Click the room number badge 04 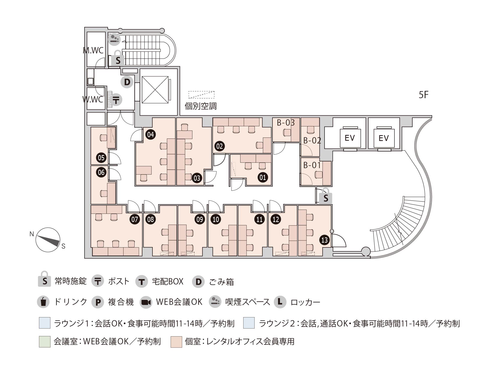pyautogui.click(x=150, y=134)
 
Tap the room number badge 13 pyautogui.click(x=325, y=240)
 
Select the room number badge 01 pyautogui.click(x=263, y=177)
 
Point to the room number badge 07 pyautogui.click(x=135, y=219)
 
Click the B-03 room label pyautogui.click(x=286, y=123)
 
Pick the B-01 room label pyautogui.click(x=312, y=165)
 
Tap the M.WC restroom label pyautogui.click(x=93, y=51)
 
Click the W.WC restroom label pyautogui.click(x=93, y=99)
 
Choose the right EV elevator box pyautogui.click(x=384, y=138)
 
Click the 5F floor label pyautogui.click(x=423, y=95)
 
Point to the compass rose pyautogui.click(x=48, y=240)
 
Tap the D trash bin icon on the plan pyautogui.click(x=127, y=82)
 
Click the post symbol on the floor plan pyautogui.click(x=116, y=100)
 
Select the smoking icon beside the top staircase pyautogui.click(x=114, y=40)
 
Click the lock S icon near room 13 pyautogui.click(x=326, y=196)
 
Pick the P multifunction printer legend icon pyautogui.click(x=98, y=302)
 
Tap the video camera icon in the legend pyautogui.click(x=146, y=302)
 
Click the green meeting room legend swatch pyautogui.click(x=45, y=342)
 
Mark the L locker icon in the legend pyautogui.click(x=280, y=302)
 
